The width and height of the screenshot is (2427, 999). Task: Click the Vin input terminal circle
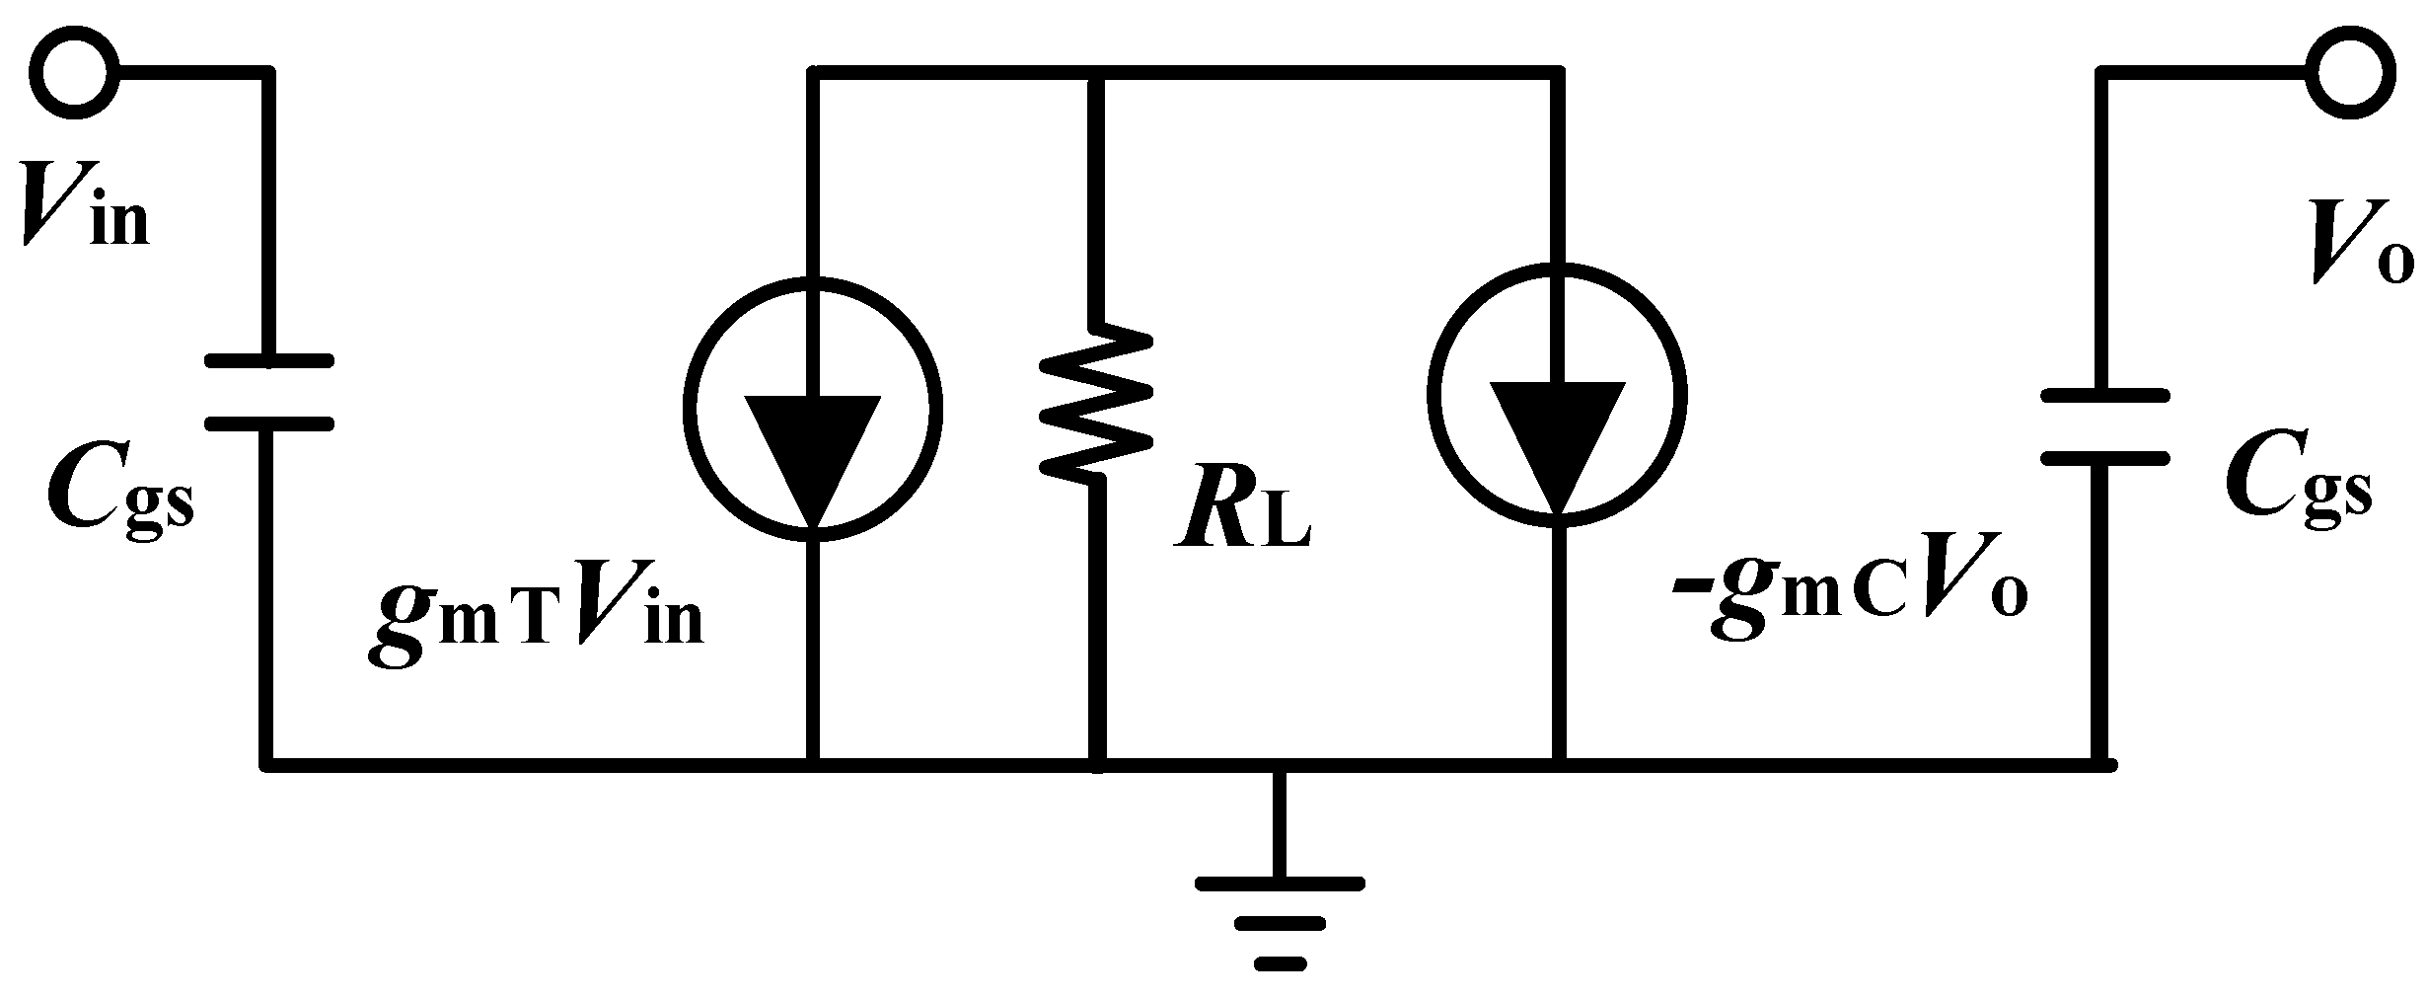click(74, 71)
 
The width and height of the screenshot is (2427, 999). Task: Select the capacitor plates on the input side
click(268, 393)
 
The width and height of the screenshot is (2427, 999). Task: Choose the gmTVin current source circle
click(812, 407)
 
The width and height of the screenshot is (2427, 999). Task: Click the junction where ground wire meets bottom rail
click(1280, 765)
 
